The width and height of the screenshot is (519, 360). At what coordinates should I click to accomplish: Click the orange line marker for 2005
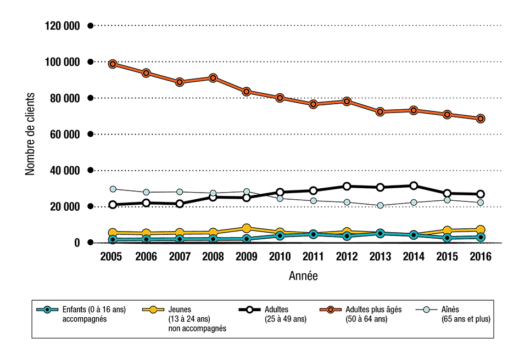[x=113, y=64]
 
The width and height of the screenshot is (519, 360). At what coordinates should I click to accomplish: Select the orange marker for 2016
[x=481, y=118]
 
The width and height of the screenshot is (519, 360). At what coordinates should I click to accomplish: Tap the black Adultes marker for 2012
[x=347, y=186]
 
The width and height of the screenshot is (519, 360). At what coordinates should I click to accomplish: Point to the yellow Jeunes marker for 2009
[x=247, y=228]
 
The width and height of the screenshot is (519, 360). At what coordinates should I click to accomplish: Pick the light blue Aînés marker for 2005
[x=113, y=189]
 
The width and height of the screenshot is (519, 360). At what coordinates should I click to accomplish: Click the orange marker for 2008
[x=213, y=78]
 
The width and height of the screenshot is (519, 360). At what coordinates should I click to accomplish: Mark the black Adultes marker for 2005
[x=113, y=205]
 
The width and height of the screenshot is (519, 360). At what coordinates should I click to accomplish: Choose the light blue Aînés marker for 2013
[x=380, y=205]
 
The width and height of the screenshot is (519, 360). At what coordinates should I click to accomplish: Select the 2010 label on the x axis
[x=280, y=256]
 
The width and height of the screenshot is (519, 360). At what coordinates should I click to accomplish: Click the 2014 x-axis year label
[x=414, y=256]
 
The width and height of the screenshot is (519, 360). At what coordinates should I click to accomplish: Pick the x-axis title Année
[x=303, y=276]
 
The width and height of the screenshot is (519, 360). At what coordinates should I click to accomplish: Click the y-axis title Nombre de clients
[x=30, y=134]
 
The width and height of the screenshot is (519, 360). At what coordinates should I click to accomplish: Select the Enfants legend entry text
[x=94, y=313]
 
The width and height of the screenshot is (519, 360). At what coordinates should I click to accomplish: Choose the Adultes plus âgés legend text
[x=373, y=313]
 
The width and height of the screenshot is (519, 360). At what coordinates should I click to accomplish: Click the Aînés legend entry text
[x=466, y=313]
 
